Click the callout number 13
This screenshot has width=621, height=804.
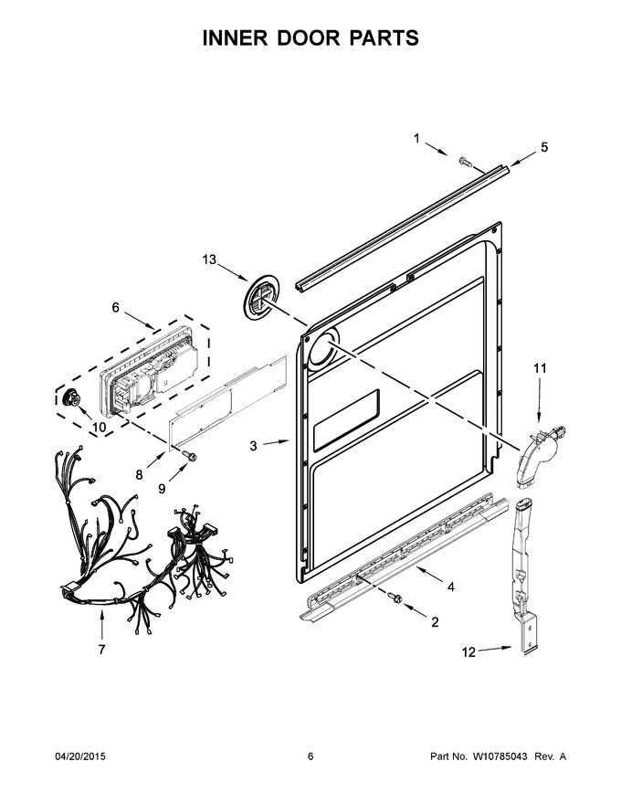click(209, 260)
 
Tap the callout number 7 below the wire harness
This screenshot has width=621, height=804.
click(101, 650)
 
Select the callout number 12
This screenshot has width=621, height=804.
click(468, 651)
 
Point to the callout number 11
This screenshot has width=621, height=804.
click(540, 368)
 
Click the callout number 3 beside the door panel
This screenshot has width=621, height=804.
click(254, 446)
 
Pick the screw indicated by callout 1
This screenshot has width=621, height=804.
click(464, 162)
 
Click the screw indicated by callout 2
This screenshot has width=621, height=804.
click(395, 598)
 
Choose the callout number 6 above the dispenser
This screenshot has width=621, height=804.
click(115, 307)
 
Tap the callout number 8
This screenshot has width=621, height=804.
click(140, 475)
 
